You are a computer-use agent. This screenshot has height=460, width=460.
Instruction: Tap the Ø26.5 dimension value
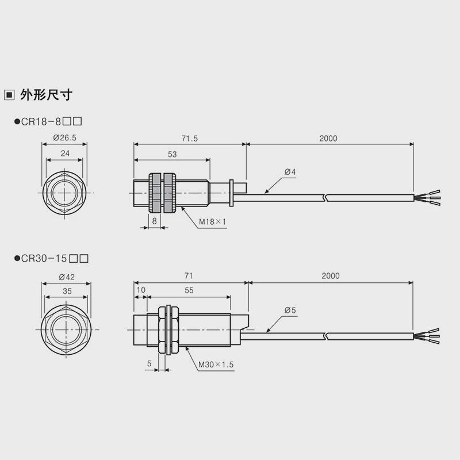point(64,138)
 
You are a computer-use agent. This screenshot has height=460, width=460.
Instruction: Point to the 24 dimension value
point(64,153)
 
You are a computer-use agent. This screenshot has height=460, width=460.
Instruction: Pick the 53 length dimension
point(172,154)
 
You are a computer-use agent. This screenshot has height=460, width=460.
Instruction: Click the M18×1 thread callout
point(214,222)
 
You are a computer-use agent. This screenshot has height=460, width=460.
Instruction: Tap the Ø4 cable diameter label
point(290,172)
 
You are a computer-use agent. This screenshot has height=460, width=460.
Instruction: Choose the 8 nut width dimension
point(155,220)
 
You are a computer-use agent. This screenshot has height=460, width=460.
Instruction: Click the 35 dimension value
point(67,292)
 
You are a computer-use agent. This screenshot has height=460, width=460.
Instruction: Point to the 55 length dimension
point(189,291)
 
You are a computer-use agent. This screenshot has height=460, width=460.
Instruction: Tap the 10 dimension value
point(141,291)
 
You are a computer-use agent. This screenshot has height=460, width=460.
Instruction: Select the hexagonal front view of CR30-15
point(66,329)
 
